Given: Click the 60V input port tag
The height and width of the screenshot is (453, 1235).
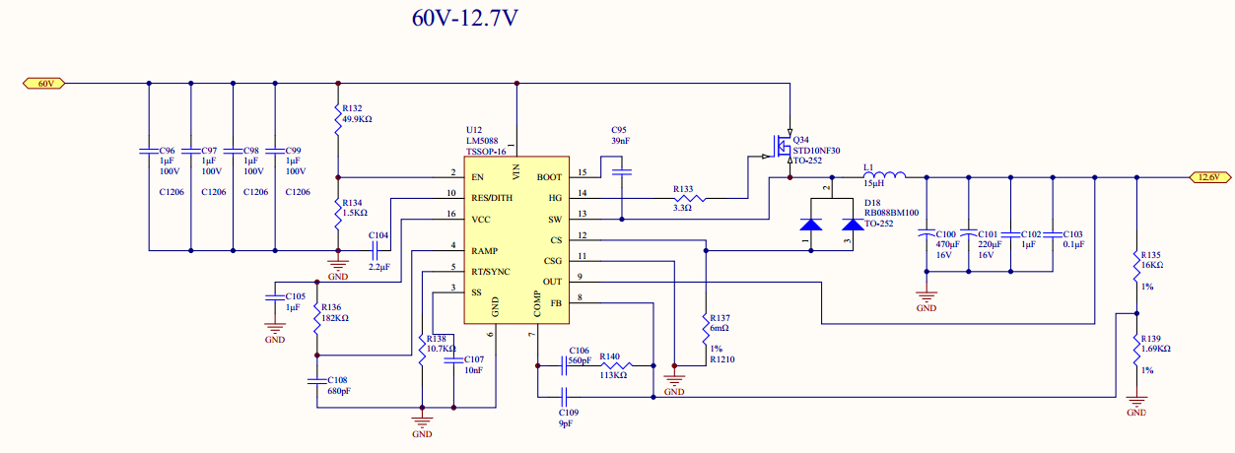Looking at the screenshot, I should point(44,84).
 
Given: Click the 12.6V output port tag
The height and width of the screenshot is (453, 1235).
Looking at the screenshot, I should point(1208,177).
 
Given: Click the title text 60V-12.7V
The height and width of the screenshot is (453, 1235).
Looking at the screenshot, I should point(464,18).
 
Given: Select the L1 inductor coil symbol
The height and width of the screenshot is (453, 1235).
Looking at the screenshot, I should point(884,177).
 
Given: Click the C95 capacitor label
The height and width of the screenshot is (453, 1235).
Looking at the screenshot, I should point(619,130).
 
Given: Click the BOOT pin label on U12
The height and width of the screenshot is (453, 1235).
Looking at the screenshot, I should point(549,177).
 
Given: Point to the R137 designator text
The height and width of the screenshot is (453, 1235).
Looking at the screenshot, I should point(720,318).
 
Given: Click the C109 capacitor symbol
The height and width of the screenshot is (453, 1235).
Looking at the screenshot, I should point(565,397).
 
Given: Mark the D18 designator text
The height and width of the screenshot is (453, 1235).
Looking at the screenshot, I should point(872,201).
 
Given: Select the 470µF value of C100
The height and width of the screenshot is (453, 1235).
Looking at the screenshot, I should point(947,244).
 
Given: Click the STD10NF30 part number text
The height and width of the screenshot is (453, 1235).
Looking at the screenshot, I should point(817,151).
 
